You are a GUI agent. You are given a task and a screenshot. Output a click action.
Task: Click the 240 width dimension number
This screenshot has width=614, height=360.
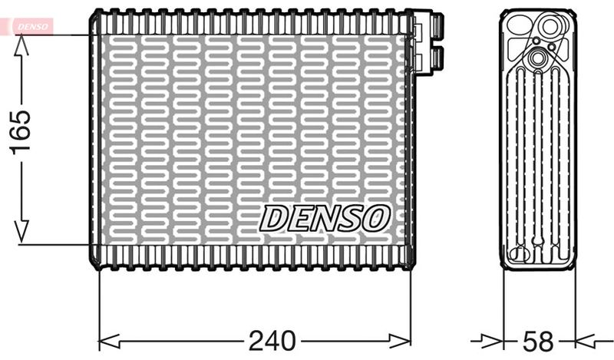(272, 339)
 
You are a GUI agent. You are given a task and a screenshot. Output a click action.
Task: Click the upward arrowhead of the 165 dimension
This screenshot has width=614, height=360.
(21, 45)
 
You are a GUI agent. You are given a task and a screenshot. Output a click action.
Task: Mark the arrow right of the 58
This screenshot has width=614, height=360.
(586, 339)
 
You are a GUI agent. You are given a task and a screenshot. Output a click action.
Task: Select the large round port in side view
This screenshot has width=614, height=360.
(550, 28)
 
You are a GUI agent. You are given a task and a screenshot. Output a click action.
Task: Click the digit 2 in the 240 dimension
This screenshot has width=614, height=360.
(256, 339)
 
